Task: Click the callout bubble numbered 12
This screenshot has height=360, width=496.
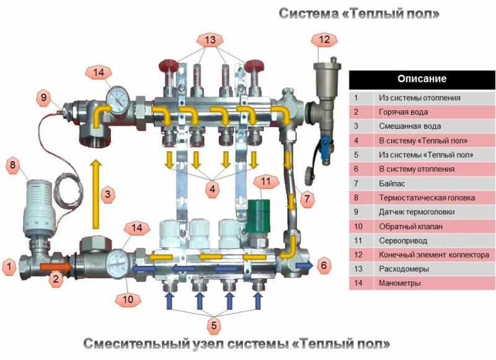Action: [324, 40]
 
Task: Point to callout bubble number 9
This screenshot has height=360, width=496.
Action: [43, 97]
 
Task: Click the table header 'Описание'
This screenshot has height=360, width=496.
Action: [422, 79]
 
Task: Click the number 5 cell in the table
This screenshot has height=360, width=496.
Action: [356, 155]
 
